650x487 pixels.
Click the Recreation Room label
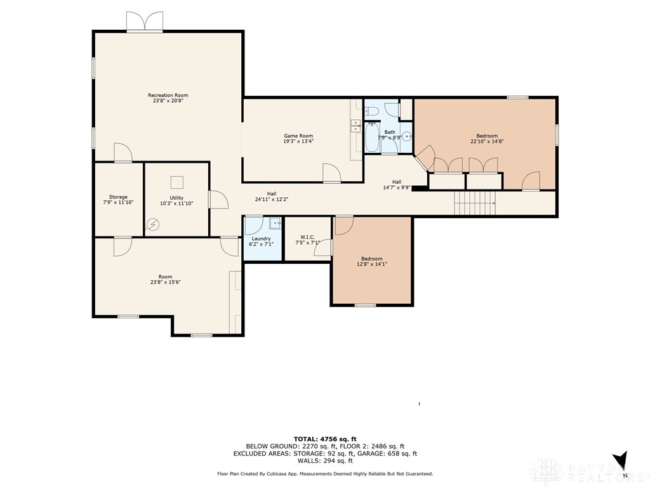(168, 95)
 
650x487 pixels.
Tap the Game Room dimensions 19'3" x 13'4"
(298, 141)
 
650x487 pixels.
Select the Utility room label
(176, 198)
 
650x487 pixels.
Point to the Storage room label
(118, 197)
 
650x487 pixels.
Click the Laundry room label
(261, 238)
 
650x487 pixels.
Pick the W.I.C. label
(308, 237)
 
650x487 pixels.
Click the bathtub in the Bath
(372, 137)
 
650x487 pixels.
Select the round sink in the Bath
(408, 136)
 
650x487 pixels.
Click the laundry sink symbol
(275, 223)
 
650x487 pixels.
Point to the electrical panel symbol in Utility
(153, 225)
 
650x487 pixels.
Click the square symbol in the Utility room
(177, 183)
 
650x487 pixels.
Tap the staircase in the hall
(475, 204)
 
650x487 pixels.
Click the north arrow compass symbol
(621, 460)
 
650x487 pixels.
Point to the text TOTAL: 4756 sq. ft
(325, 439)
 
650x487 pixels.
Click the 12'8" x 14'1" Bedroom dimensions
(372, 264)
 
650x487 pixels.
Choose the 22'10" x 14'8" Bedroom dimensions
(487, 141)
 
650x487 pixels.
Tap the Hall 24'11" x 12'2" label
(272, 197)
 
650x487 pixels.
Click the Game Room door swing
(331, 172)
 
